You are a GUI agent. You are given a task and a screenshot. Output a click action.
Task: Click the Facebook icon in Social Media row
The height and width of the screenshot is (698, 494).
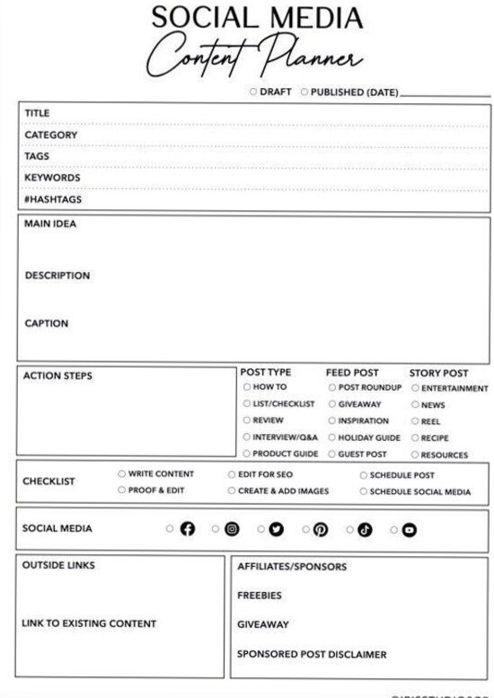[x=187, y=529]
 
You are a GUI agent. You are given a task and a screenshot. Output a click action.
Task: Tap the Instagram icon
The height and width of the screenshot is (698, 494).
[x=232, y=529]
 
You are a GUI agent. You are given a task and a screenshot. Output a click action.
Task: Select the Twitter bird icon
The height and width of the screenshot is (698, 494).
[x=276, y=529]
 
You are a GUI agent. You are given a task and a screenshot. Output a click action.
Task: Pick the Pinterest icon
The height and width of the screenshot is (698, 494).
[x=320, y=529]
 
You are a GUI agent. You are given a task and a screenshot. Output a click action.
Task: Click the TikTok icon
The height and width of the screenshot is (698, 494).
[x=365, y=529]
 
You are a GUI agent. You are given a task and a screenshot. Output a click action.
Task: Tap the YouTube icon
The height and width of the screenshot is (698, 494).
[x=409, y=529]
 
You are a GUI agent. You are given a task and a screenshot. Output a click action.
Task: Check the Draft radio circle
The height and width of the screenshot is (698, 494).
[x=254, y=92]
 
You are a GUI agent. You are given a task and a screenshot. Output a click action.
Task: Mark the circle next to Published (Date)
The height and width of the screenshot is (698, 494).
[x=304, y=92]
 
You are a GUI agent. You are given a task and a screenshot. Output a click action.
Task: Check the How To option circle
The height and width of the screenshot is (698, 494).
[x=247, y=387]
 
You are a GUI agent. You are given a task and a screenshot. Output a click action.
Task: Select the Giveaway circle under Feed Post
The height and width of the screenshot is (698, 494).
[x=331, y=404]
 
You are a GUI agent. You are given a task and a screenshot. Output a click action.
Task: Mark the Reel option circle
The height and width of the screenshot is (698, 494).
[x=415, y=421]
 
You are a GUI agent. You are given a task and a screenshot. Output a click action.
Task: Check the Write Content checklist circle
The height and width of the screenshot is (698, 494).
[x=121, y=473]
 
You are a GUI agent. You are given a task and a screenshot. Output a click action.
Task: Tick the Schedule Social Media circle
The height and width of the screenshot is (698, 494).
[x=363, y=491]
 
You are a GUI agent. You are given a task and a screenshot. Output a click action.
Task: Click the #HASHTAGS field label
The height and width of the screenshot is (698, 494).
[x=52, y=199]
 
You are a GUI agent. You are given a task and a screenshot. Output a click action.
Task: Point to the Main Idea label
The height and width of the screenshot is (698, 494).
[x=50, y=225]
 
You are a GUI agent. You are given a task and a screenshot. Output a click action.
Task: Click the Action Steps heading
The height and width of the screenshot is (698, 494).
[x=57, y=376]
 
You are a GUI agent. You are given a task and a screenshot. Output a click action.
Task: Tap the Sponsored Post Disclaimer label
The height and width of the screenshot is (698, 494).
[x=311, y=654]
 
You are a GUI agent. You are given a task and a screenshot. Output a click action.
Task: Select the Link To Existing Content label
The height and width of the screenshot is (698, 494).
[x=89, y=623]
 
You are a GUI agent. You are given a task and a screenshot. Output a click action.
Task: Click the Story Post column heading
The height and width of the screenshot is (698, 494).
[x=438, y=373]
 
